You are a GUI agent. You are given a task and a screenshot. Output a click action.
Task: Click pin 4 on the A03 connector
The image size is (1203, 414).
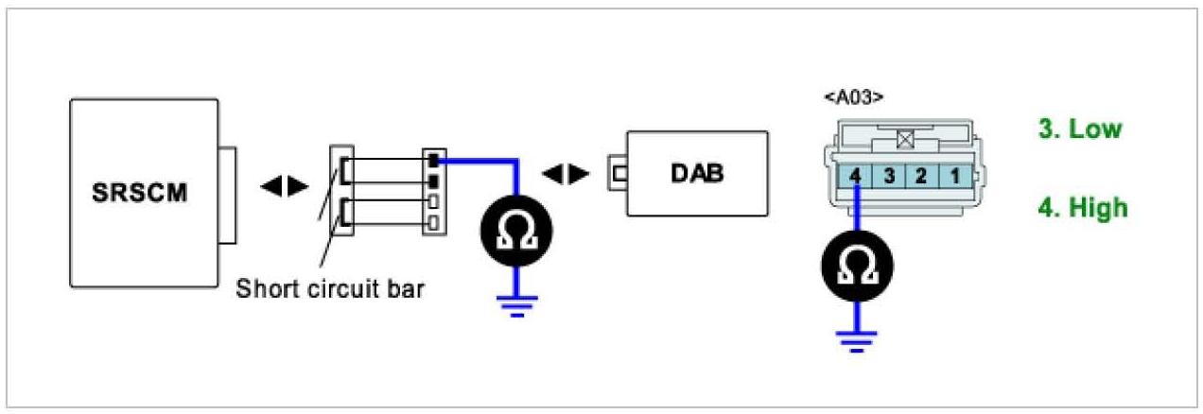tap(855, 176)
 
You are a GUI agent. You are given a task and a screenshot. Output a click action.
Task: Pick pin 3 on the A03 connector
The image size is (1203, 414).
tap(889, 176)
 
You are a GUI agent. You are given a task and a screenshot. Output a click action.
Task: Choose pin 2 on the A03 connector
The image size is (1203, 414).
tap(922, 176)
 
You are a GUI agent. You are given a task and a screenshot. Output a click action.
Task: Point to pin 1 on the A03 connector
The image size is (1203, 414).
tap(956, 176)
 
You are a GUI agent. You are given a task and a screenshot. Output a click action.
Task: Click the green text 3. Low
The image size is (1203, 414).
tap(1080, 129)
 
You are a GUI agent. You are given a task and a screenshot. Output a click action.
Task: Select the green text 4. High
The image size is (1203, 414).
tap(1083, 207)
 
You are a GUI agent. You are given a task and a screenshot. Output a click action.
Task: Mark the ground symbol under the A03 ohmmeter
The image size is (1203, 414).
tap(856, 338)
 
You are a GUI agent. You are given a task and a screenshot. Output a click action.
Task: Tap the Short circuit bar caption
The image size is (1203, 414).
tap(330, 289)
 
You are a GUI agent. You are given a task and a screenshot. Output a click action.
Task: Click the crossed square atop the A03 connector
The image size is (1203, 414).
tap(905, 139)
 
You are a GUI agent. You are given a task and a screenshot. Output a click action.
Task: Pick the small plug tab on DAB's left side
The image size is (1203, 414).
tap(619, 174)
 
